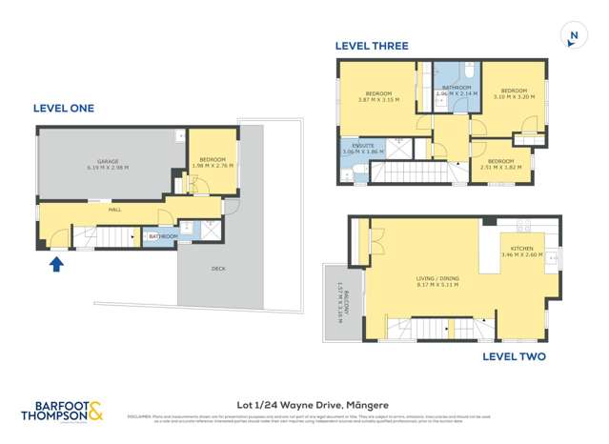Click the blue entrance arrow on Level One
[x=57, y=263]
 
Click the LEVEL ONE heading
[x=64, y=109]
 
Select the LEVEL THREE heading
[x=372, y=46]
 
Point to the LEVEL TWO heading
[x=514, y=356]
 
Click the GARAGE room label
[x=107, y=163]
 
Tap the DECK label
[x=218, y=269]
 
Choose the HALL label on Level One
[x=114, y=209]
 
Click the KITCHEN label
[x=520, y=250]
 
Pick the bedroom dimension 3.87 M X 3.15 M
[x=378, y=99]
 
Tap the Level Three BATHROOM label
[x=455, y=89]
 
